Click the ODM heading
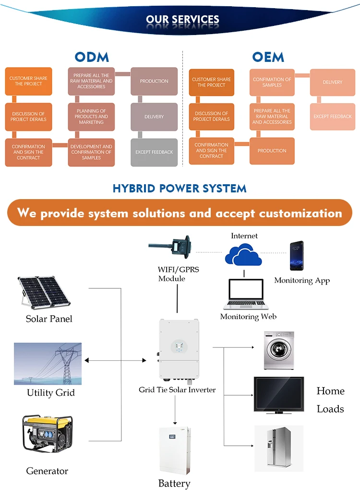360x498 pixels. pos(92,57)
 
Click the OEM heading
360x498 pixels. pos(268,57)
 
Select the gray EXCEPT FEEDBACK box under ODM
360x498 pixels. pos(154,152)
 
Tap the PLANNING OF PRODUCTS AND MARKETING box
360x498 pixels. pos(91,117)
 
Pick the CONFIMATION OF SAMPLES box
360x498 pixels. pos(272,82)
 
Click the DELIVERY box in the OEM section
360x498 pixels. pos(332,82)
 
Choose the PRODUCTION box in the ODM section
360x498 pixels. pos(154,81)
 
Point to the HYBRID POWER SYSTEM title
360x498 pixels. pos(180,188)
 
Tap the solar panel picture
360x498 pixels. pos(44,292)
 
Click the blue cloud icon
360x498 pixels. pos(243,254)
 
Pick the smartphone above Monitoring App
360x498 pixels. pos(296,256)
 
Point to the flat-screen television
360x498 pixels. pos(278,395)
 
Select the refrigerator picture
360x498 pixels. pos(278,448)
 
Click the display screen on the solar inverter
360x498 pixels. pos(179,346)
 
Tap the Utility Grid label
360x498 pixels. pos(51,393)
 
